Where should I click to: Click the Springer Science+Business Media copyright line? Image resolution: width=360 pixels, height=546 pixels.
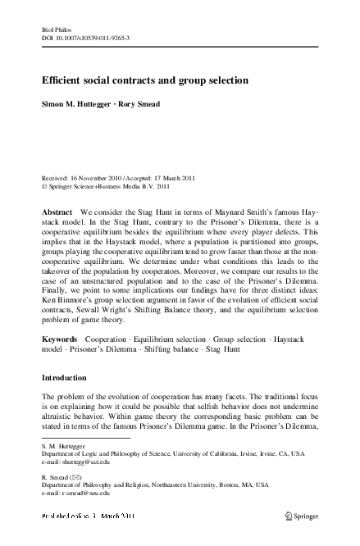click(x=114, y=186)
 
